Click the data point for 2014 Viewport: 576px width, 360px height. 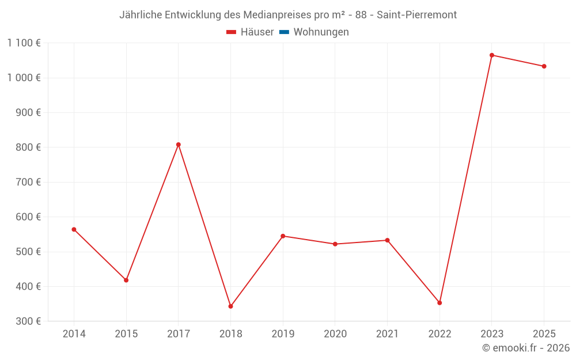coord(74,229)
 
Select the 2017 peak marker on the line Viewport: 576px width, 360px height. coord(179,145)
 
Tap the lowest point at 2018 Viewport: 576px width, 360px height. coord(230,306)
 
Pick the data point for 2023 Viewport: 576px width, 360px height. coord(492,55)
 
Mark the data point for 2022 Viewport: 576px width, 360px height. coord(439,303)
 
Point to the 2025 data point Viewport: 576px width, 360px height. coord(544,66)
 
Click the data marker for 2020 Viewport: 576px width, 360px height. coord(335,244)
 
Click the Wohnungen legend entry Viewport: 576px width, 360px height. coord(321,32)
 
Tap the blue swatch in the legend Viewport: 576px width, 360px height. coord(284,32)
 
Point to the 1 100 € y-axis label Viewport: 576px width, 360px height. coord(24,43)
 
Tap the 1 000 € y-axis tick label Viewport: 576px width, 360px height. coord(24,78)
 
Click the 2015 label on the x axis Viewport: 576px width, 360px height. coord(126,334)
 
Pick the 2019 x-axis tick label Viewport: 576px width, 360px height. coord(283,334)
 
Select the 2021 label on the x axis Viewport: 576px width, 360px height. coord(387,334)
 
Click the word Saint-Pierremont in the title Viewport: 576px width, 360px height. coord(416,15)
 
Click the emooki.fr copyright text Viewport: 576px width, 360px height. coord(526,348)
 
